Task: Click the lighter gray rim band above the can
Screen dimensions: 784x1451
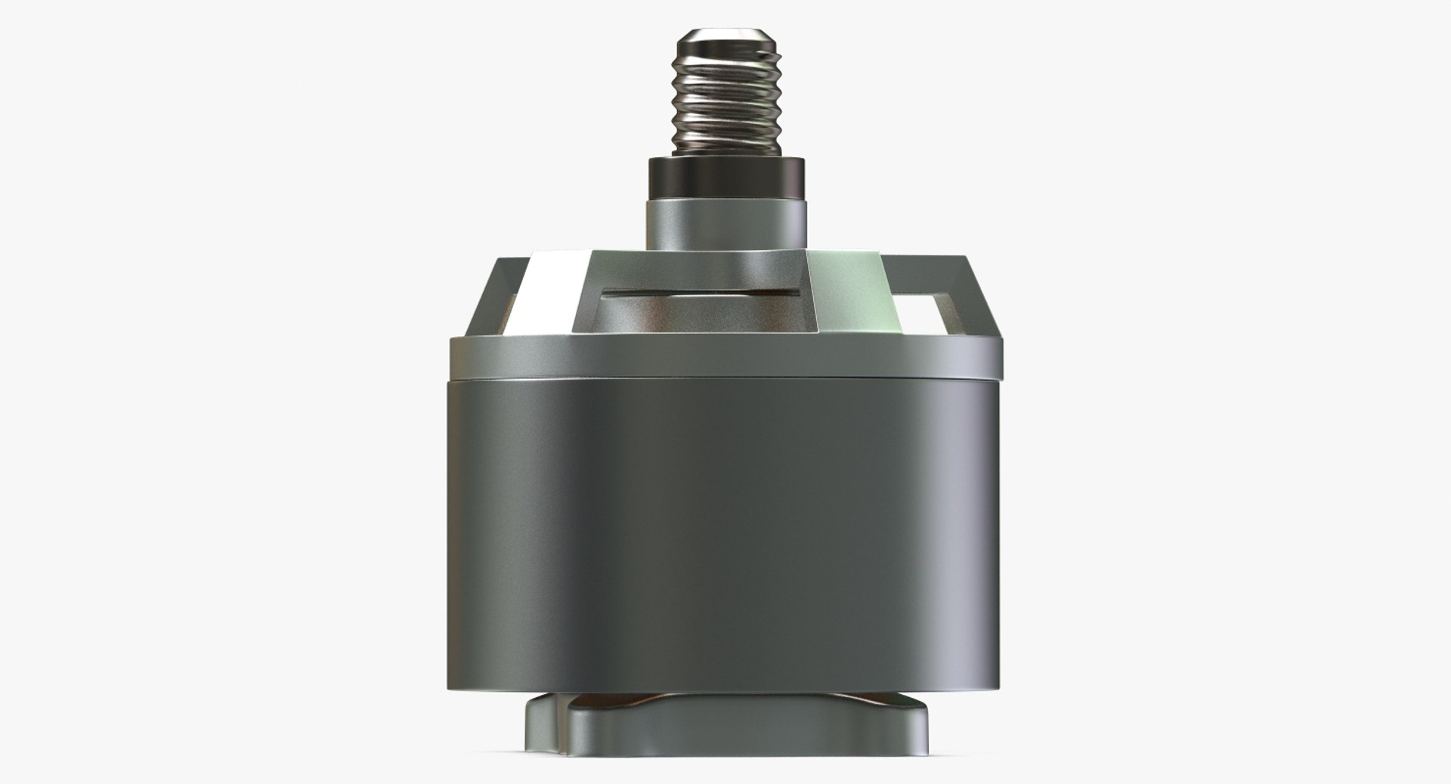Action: point(725,355)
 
